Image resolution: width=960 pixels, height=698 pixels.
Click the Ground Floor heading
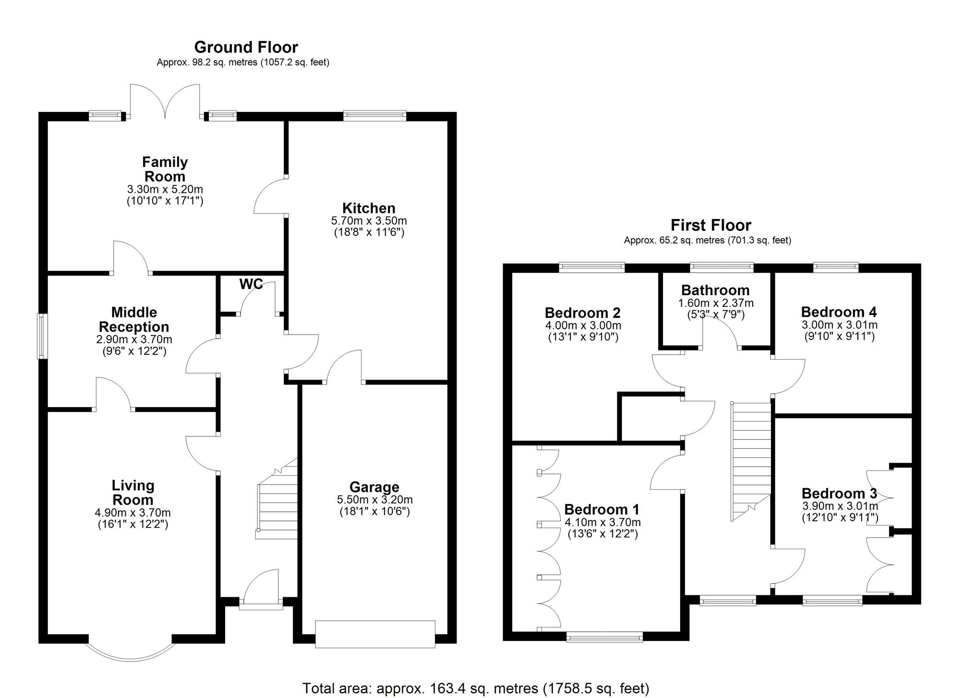(x=246, y=47)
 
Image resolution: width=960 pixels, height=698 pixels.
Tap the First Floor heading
(x=710, y=225)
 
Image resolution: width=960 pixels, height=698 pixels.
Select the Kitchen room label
(x=369, y=208)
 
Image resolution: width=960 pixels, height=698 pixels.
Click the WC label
(x=251, y=284)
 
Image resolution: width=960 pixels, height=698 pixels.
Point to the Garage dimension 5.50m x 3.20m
(x=374, y=500)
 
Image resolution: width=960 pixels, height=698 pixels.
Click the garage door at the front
(x=375, y=634)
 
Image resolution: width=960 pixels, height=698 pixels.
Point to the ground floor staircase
(x=277, y=504)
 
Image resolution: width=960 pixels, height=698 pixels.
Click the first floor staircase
(x=751, y=461)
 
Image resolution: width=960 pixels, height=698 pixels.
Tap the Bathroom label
(x=715, y=290)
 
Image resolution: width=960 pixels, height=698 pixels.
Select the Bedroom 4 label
(x=839, y=312)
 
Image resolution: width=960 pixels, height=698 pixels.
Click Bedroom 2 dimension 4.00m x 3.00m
(x=583, y=325)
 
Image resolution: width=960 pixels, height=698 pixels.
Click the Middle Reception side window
(x=43, y=336)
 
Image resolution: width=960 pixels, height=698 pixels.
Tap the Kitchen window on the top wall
(x=374, y=115)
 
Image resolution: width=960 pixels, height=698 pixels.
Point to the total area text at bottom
(x=475, y=688)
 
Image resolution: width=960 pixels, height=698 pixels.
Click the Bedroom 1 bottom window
(x=604, y=637)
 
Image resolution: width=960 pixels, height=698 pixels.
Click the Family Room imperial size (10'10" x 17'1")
(x=165, y=201)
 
